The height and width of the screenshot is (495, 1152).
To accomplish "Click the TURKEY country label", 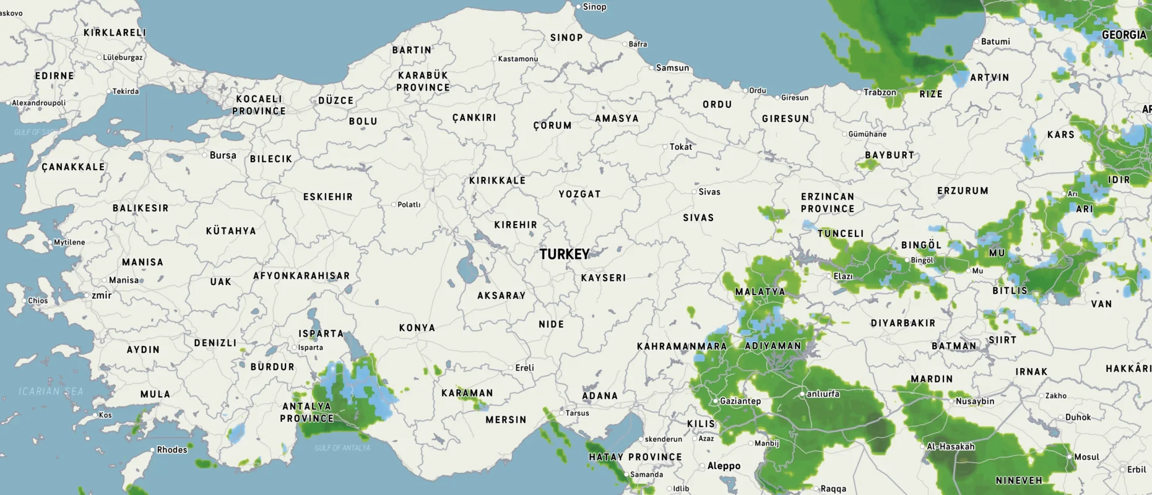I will click(x=564, y=254).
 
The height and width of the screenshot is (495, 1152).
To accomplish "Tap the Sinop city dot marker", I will click(x=579, y=7).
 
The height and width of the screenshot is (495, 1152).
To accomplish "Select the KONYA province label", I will click(x=417, y=328).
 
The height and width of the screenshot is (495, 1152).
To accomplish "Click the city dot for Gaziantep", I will click(x=715, y=401).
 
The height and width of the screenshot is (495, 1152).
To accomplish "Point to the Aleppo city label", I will click(x=724, y=466).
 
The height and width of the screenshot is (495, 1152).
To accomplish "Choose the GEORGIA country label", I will click(x=1124, y=35).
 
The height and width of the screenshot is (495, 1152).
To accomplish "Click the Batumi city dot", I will click(x=976, y=42).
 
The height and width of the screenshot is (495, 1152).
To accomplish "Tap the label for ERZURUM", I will click(x=963, y=191).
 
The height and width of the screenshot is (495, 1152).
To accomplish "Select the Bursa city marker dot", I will click(x=204, y=155).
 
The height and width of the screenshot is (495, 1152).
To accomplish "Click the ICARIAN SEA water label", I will click(x=51, y=392).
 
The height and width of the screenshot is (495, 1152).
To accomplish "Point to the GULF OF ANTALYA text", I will click(x=342, y=448).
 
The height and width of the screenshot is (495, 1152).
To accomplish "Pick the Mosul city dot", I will click(x=1069, y=457).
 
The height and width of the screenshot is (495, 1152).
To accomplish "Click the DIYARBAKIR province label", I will click(x=903, y=324).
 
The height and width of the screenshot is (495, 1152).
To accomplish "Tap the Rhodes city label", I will click(x=171, y=450).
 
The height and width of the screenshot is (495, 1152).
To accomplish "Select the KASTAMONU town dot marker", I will click(x=494, y=59).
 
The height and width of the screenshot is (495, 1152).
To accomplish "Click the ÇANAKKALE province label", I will click(x=73, y=167).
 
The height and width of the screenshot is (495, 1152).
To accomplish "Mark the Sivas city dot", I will click(x=694, y=192).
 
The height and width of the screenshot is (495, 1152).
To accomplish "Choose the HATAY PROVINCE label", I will click(x=635, y=457).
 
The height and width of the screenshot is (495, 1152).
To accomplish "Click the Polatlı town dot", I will click(x=393, y=205).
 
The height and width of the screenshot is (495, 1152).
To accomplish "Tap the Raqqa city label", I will click(x=833, y=489).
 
